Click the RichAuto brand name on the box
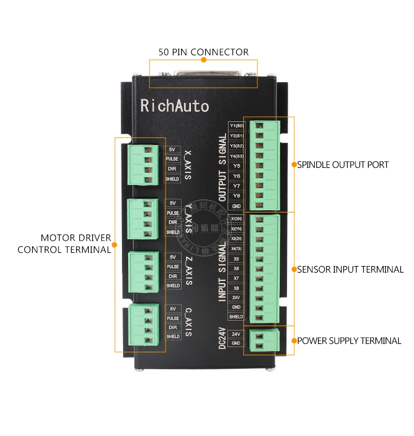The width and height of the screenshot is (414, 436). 174,105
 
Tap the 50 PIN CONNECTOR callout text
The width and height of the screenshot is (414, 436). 204,52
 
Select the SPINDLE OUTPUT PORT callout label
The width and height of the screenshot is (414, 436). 343,164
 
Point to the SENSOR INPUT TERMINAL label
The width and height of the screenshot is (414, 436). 351,270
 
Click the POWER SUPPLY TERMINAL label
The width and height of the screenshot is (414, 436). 349,341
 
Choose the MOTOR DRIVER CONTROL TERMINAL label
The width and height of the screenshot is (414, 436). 65,244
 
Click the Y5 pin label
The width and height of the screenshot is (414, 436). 236,166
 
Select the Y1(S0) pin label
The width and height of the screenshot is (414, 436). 236,126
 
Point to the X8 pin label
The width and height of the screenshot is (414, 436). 236,288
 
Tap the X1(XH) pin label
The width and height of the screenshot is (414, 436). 236,219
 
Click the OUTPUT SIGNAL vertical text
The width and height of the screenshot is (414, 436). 222,168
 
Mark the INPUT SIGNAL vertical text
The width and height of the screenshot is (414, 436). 222,270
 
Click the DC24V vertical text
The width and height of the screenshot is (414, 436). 222,338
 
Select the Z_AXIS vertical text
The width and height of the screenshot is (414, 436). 188,270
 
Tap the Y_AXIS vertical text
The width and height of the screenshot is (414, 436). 188,217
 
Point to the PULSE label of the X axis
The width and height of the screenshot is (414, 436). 172,159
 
